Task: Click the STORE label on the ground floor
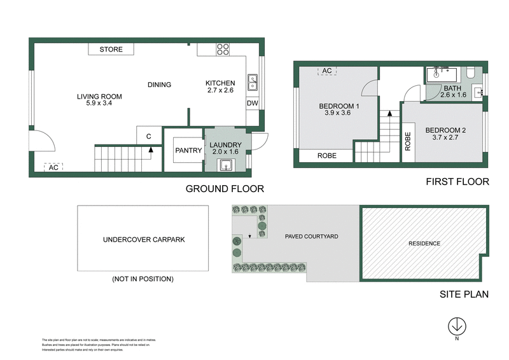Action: pyautogui.click(x=111, y=50)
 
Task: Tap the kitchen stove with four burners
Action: pyautogui.click(x=223, y=50)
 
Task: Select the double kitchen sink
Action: pyautogui.click(x=252, y=83)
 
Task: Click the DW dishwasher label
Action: pyautogui.click(x=252, y=103)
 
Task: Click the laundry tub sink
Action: pyautogui.click(x=226, y=165)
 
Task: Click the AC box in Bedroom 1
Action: pyautogui.click(x=327, y=71)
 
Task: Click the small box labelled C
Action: pyautogui.click(x=148, y=135)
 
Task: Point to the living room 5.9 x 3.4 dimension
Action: pyautogui.click(x=99, y=104)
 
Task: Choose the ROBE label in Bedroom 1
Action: pyautogui.click(x=326, y=156)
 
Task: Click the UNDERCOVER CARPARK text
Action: pyautogui.click(x=143, y=240)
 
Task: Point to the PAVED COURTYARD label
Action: pyautogui.click(x=311, y=237)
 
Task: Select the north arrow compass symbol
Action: pyautogui.click(x=456, y=326)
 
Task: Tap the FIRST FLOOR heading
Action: pyautogui.click(x=457, y=182)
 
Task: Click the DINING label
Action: pyautogui.click(x=159, y=85)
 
